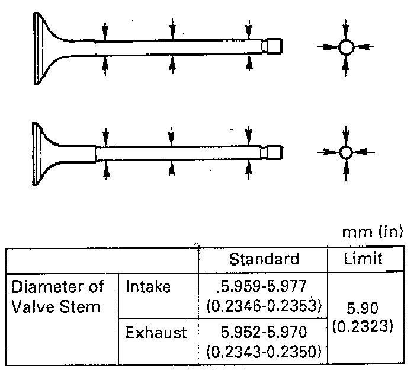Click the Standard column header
pyautogui.click(x=264, y=259)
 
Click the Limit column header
pyautogui.click(x=363, y=259)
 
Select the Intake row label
pyautogui.click(x=148, y=286)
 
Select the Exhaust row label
pyautogui.click(x=156, y=332)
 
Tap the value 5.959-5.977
pyautogui.click(x=262, y=286)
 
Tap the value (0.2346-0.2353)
pyautogui.click(x=264, y=305)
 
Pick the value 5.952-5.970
pyautogui.click(x=264, y=332)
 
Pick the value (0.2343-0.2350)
pyautogui.click(x=264, y=352)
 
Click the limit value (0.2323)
pyautogui.click(x=363, y=326)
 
